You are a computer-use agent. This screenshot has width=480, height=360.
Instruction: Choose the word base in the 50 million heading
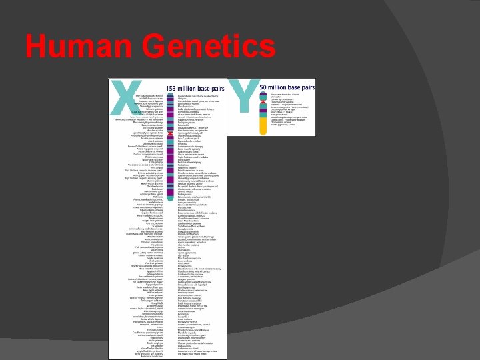tap(295, 87)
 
